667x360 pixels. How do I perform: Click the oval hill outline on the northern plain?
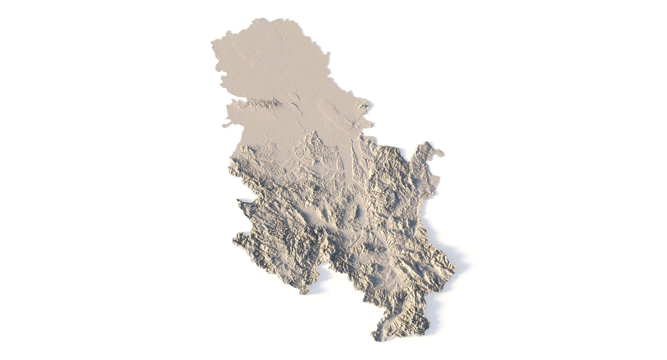coord(294,97)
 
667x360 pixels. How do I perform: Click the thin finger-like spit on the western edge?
coord(226,125)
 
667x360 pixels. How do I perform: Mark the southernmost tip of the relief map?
coord(377,340)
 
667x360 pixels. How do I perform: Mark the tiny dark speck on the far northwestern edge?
coord(213,47)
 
